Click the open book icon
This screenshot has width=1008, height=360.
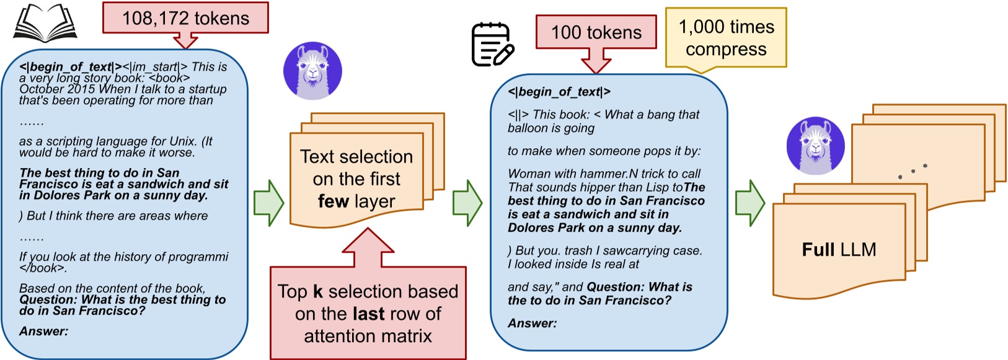coord(45,23)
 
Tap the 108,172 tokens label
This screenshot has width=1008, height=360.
coord(185,18)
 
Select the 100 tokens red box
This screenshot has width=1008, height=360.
coord(596,32)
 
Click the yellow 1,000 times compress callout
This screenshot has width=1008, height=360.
coord(726,38)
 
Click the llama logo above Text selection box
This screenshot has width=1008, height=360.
coord(312,71)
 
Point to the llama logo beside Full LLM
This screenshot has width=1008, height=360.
coord(815,146)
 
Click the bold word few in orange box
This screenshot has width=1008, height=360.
coord(333,201)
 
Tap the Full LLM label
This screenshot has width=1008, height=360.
coord(839,250)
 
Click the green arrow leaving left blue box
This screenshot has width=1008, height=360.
coord(268,203)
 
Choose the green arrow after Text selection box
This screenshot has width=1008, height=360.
coord(467,203)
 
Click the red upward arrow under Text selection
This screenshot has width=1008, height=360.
coord(368,248)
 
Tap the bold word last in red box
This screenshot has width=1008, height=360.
coord(369,314)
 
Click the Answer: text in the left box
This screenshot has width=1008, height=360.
coord(44,331)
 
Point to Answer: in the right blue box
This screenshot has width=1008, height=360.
coord(532,323)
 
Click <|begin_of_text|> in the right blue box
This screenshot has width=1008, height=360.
coord(559,92)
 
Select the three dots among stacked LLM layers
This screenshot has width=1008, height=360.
coord(912,171)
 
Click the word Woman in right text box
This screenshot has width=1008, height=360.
coord(527,174)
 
